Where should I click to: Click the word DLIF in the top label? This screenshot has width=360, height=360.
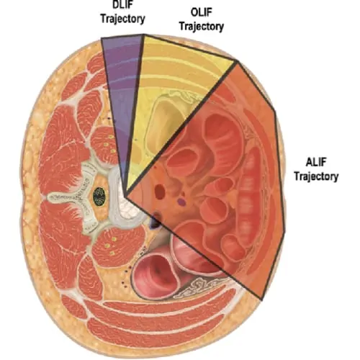pos(122,5)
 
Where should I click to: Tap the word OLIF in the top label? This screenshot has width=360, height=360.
pos(202,12)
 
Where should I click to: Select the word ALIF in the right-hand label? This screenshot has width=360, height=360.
pos(316,163)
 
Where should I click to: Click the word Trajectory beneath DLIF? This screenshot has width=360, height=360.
pos(122,19)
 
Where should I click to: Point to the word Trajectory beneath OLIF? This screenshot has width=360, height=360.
pos(202,27)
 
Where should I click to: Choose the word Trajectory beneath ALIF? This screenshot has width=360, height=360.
pos(316,176)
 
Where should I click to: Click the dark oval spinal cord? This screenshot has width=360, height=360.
pos(99,196)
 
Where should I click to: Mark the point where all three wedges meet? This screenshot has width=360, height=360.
pos(125,196)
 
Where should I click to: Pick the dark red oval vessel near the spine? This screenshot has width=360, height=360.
pos(160,192)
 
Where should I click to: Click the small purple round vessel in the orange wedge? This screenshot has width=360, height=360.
pos(182,202)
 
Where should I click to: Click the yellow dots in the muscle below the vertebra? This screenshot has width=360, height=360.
pos(111,246)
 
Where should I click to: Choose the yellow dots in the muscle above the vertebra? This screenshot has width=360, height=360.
pos(111,144)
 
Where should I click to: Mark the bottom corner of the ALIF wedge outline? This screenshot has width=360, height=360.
pos(261,300)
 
